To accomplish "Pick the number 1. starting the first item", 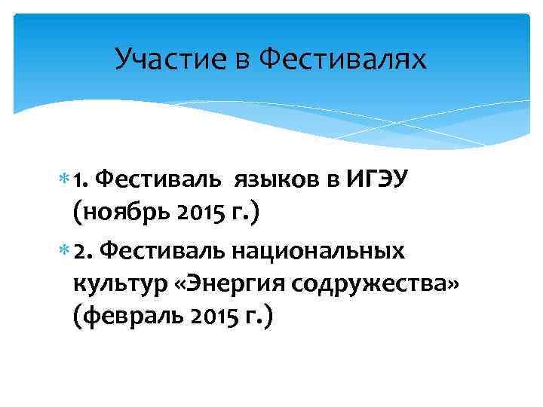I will pyautogui.click(x=82, y=179).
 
